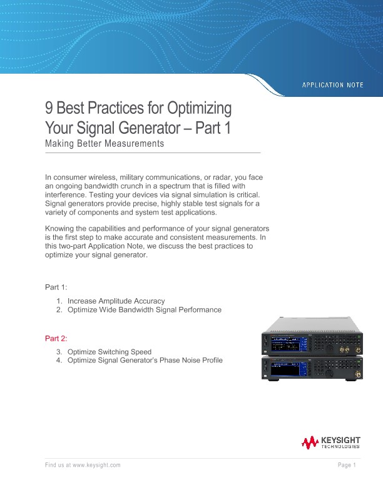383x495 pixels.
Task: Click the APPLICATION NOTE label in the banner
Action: [332, 84]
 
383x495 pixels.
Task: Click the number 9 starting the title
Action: [49, 109]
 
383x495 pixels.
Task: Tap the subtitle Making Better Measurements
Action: [105, 144]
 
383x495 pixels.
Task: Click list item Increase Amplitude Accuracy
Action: [116, 301]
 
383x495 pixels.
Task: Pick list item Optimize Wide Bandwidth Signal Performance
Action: [144, 310]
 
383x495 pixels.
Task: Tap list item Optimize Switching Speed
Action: [109, 352]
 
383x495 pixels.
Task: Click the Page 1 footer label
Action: [346, 466]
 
